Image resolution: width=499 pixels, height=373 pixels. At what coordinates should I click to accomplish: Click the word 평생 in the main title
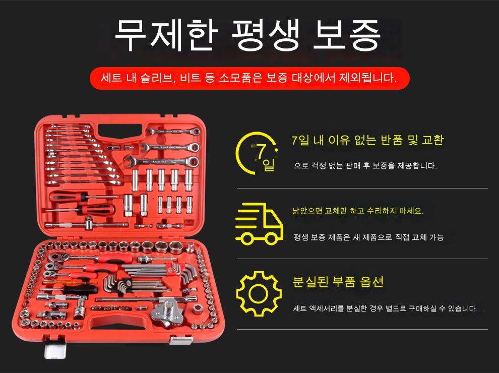266,34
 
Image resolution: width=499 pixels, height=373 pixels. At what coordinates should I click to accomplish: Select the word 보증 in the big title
347,34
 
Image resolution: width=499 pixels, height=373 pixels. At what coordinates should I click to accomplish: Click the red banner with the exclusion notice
249,78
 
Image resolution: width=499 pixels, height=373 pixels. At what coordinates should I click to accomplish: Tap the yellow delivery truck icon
259,223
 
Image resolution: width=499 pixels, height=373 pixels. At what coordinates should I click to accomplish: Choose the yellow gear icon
259,293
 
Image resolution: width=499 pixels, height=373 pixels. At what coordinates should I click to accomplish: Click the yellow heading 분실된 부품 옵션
338,282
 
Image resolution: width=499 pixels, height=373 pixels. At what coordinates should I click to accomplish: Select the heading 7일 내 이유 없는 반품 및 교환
367,140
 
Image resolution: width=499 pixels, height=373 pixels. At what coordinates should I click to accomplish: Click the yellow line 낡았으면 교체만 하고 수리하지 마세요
358,211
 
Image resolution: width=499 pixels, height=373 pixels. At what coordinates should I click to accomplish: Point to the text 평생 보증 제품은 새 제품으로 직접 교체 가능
368,237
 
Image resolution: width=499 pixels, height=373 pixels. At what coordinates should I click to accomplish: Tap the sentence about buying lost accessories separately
386,308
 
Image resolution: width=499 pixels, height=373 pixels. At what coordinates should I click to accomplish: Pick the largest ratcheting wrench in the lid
161,162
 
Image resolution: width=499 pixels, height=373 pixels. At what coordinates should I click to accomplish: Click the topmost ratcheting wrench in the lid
173,132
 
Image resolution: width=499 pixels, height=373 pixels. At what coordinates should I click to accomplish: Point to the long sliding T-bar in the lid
87,224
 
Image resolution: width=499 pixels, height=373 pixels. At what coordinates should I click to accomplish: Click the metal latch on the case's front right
181,340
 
